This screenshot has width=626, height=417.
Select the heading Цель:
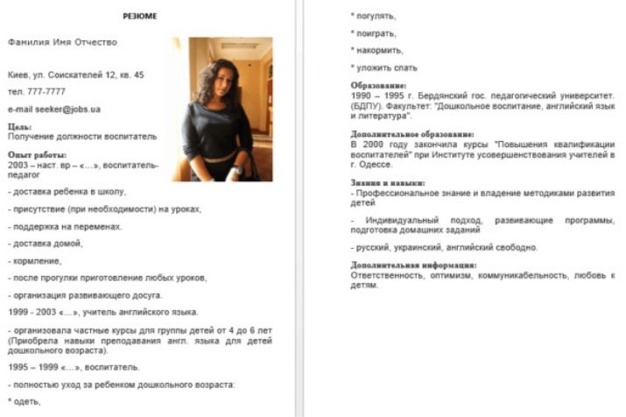pyautogui.click(x=19, y=128)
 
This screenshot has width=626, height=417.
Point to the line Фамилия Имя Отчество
pyautogui.click(x=61, y=41)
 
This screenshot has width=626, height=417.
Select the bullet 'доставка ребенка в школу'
pyautogui.click(x=67, y=191)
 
